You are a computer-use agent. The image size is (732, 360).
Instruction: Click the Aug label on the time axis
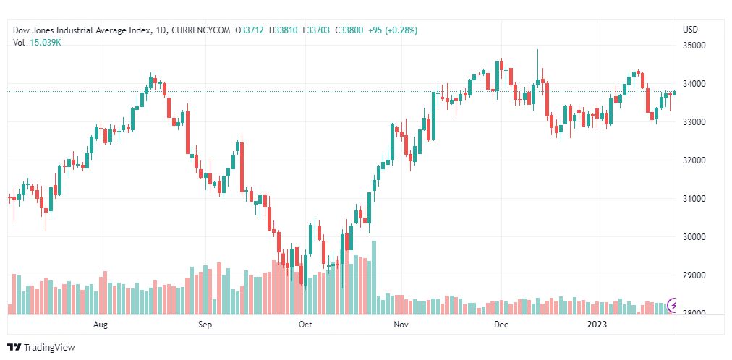tap(101, 325)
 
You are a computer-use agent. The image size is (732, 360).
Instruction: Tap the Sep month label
tap(205, 325)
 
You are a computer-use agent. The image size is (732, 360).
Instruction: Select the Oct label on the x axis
tap(305, 325)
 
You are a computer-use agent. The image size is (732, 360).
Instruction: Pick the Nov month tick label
tap(401, 325)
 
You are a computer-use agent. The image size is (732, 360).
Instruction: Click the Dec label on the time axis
tap(501, 325)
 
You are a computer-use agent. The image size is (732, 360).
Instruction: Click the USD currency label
tap(690, 30)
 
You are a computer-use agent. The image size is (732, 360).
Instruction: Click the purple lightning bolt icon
tap(673, 306)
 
